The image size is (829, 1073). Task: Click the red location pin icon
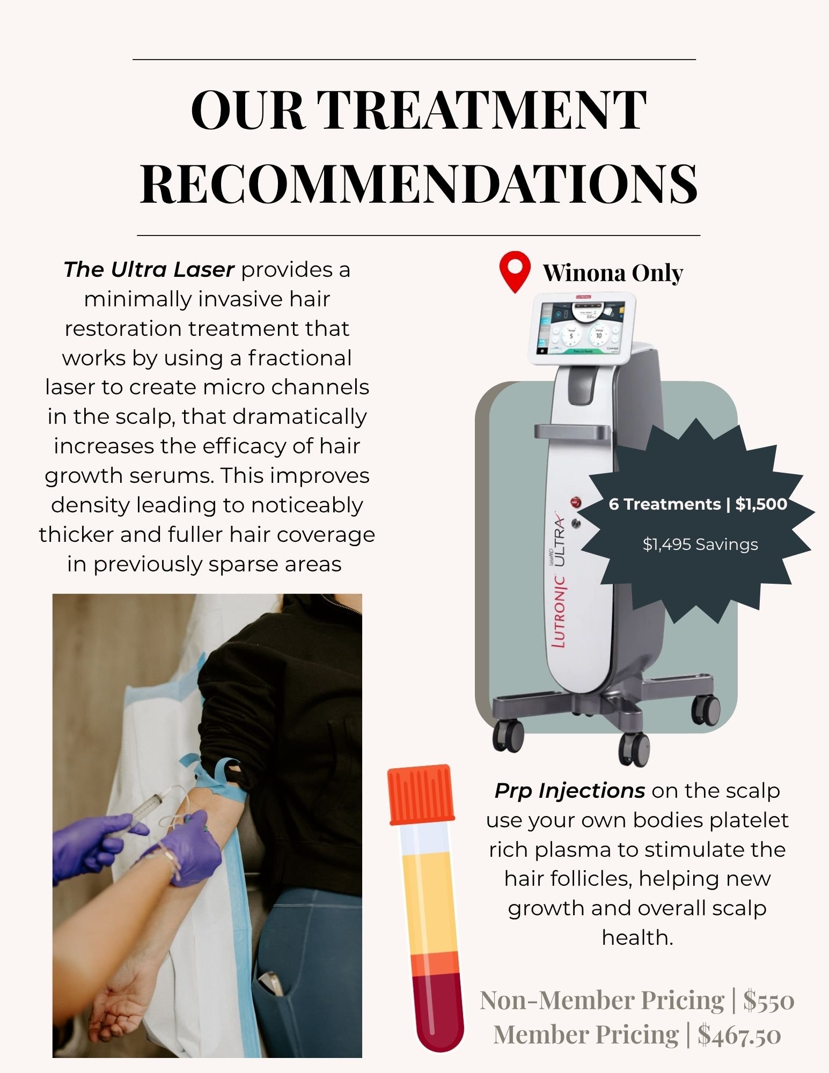515,271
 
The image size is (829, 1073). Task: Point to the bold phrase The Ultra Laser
149,269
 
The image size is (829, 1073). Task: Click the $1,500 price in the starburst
761,504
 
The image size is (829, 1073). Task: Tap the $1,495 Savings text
700,545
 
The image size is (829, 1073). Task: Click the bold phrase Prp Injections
570,791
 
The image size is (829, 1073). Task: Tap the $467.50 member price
739,1035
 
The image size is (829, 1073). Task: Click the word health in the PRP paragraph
637,938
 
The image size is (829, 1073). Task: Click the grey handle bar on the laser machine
573,431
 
